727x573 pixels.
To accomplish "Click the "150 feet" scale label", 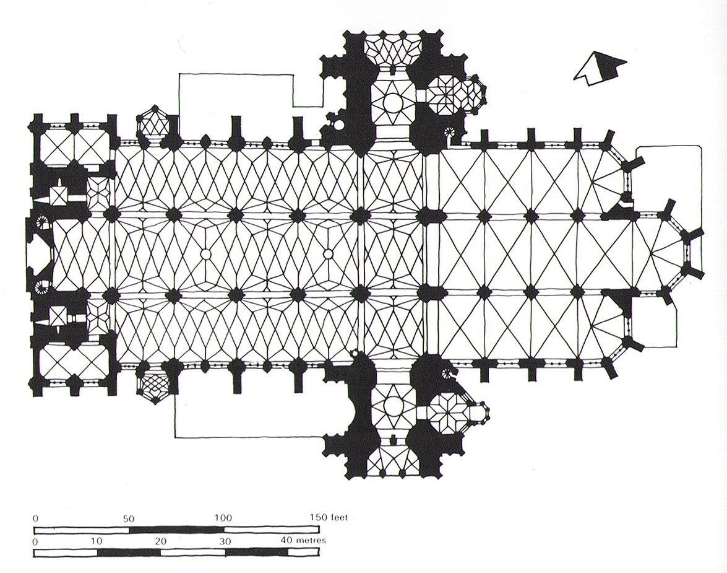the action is click(x=329, y=517).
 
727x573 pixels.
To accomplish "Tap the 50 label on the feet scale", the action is click(x=129, y=518).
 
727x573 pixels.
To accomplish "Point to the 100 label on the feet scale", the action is click(x=223, y=518).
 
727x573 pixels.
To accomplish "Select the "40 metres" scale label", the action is click(x=303, y=541).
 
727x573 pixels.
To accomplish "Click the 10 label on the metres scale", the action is click(x=97, y=541).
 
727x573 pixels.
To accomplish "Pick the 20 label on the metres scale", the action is click(x=160, y=541).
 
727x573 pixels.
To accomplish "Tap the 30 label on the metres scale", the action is click(x=225, y=541).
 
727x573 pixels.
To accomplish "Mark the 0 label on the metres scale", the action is click(x=36, y=541).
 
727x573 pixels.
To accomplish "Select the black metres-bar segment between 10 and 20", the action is click(x=129, y=553).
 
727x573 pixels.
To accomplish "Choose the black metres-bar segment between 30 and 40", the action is click(x=256, y=553).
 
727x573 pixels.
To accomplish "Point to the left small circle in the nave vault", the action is click(x=205, y=254).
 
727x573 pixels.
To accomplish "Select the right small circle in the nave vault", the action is click(x=328, y=254).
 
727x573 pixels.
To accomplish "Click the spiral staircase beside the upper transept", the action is click(x=449, y=133).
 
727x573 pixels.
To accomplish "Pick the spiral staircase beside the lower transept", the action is click(x=449, y=372).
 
